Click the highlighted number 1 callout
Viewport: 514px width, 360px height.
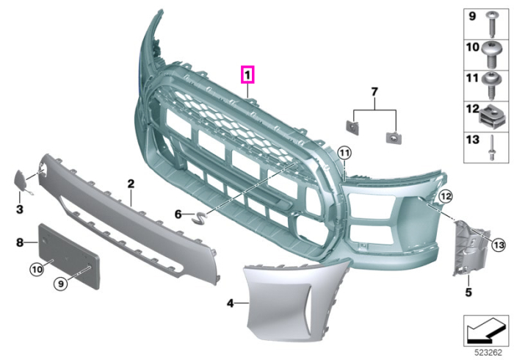[x=247, y=75]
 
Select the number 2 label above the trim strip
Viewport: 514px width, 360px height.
[x=131, y=184]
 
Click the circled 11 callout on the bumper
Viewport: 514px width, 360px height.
[x=344, y=153]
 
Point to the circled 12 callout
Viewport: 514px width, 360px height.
[x=446, y=196]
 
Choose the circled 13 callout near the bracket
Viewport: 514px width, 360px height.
[x=499, y=245]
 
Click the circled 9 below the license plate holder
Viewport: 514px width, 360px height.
[x=61, y=284]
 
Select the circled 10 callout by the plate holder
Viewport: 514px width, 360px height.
[x=37, y=269]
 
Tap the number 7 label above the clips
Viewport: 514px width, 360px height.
[x=374, y=92]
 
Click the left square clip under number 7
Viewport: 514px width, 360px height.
[x=352, y=127]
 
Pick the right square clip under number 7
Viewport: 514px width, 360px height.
[x=394, y=137]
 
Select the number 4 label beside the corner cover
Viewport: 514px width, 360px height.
[x=231, y=303]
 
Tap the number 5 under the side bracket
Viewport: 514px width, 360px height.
[x=468, y=292]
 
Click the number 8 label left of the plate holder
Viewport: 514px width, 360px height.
[x=20, y=242]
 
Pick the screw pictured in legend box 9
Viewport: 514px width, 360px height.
[x=493, y=24]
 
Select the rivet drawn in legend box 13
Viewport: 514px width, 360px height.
[x=492, y=148]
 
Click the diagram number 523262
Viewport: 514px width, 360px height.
[x=488, y=353]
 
